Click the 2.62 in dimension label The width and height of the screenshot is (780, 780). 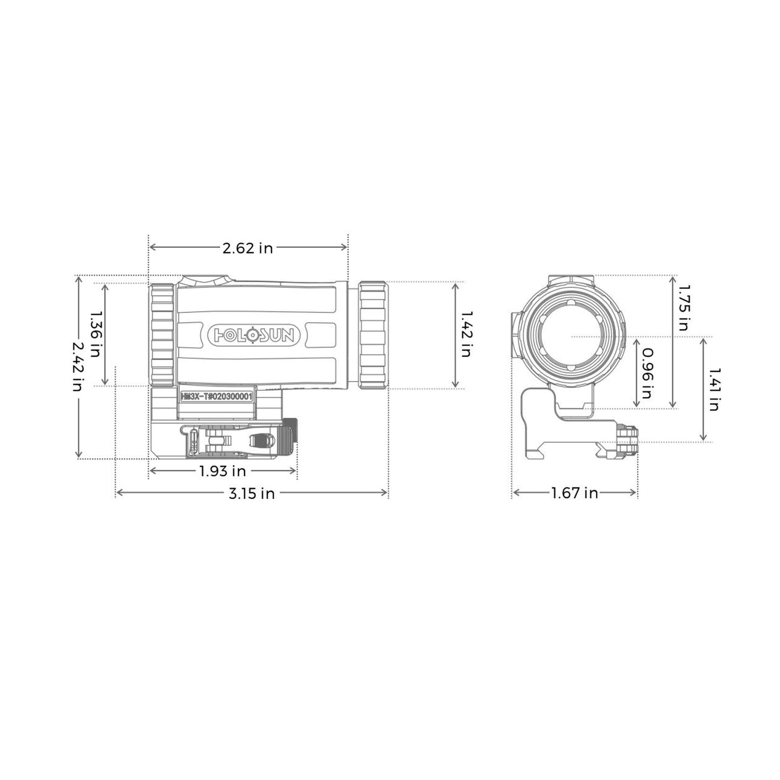248,248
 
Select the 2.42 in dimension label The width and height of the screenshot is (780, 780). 79,367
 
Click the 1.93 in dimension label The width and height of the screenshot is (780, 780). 222,471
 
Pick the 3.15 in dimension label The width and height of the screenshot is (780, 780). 251,493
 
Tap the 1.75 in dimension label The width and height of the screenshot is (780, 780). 683,309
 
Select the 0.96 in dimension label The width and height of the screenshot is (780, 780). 647,372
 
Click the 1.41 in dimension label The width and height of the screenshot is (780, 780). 714,389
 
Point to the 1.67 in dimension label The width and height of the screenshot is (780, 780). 574,493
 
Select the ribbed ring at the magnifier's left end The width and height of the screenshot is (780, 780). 161,334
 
